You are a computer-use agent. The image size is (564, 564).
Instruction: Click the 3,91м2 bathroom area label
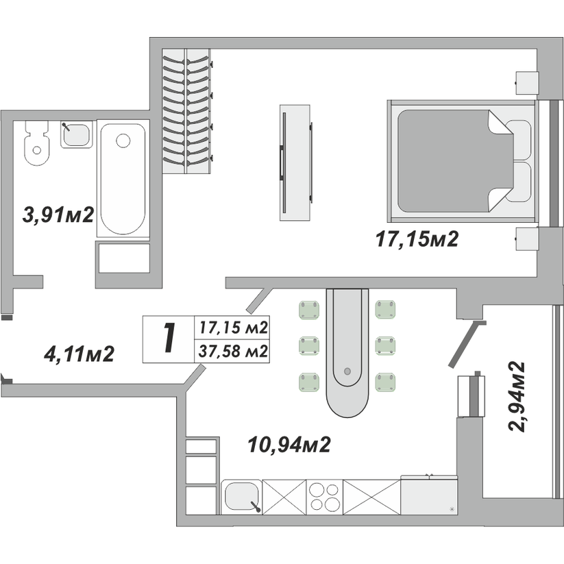pyautogui.click(x=58, y=215)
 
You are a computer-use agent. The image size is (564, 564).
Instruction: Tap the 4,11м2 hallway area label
pyautogui.click(x=79, y=354)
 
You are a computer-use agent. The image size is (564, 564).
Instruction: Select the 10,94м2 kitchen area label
pyautogui.click(x=289, y=445)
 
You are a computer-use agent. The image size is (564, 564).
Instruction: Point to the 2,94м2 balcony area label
pyautogui.click(x=517, y=395)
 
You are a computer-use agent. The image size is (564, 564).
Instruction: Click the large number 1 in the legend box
pyautogui.click(x=169, y=337)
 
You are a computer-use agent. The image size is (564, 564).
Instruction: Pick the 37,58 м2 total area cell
pyautogui.click(x=233, y=351)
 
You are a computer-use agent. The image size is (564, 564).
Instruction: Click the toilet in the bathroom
pyautogui.click(x=36, y=143)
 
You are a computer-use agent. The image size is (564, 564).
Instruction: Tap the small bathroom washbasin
pyautogui.click(x=76, y=134)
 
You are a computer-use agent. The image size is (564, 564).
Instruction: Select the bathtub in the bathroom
pyautogui.click(x=123, y=179)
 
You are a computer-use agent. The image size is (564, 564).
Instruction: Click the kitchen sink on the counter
pyautogui.click(x=241, y=497)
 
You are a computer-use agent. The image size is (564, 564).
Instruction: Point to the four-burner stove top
pyautogui.click(x=324, y=497)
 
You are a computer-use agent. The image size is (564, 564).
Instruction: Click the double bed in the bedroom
pyautogui.click(x=461, y=161)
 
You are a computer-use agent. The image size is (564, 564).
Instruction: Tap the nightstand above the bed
pyautogui.click(x=526, y=83)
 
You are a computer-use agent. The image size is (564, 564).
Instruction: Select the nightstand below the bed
pyautogui.click(x=526, y=238)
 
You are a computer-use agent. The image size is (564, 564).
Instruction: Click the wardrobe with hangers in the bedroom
pyautogui.click(x=186, y=111)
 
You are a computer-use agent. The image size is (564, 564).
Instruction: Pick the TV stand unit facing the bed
pyautogui.click(x=295, y=162)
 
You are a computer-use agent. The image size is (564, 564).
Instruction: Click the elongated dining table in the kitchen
pyautogui.click(x=347, y=353)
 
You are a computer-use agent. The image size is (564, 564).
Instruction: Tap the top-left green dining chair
pyautogui.click(x=309, y=310)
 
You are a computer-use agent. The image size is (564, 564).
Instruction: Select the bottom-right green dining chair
pyautogui.click(x=385, y=382)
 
